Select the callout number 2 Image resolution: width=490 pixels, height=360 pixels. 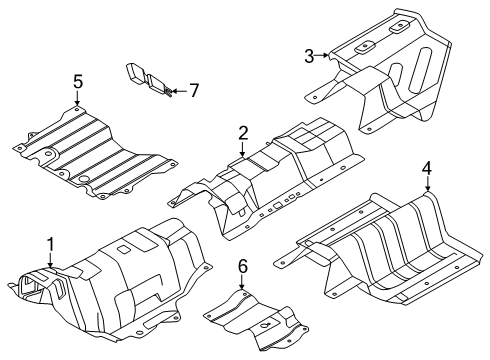(x=242, y=133)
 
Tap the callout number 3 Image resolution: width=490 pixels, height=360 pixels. (x=310, y=55)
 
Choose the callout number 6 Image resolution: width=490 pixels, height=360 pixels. (x=241, y=266)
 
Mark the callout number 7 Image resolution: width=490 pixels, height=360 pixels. (x=194, y=91)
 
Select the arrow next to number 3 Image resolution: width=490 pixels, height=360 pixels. (x=325, y=57)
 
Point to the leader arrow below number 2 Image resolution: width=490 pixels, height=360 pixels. (x=242, y=150)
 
